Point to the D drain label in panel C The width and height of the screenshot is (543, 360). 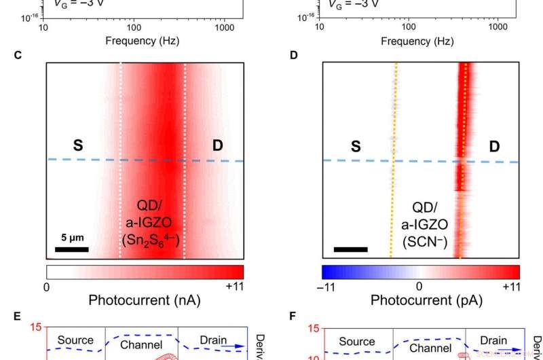click(x=217, y=145)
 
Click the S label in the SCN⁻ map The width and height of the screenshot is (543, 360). click(x=356, y=145)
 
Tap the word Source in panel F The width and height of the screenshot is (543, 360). click(x=357, y=342)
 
